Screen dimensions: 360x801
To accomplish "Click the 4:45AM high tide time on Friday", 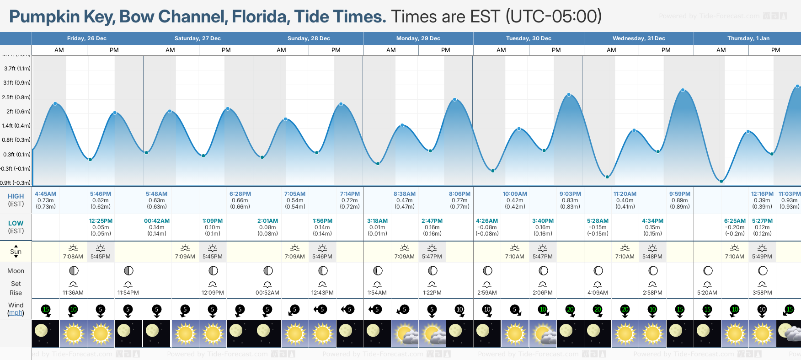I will (46, 194).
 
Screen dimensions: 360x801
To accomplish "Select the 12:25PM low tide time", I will (101, 221).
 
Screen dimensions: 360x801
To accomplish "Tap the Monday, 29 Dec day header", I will (418, 38).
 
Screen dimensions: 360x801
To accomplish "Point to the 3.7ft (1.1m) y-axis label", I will (17, 69).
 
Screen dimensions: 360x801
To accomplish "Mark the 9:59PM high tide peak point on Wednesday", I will (683, 90).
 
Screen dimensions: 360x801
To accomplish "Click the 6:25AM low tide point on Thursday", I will (721, 181).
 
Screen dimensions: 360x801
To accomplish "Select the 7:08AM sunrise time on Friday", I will (73, 257).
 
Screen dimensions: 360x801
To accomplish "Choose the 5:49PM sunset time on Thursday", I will (762, 257).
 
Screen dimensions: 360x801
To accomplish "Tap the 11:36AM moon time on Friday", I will (73, 293).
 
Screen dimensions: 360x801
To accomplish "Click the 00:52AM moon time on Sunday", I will (267, 293).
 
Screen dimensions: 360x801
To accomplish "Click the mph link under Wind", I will (16, 313).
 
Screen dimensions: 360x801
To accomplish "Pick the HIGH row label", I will (16, 196).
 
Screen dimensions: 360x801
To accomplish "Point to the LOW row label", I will (16, 223).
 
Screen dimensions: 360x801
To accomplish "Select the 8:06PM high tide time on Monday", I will (459, 194).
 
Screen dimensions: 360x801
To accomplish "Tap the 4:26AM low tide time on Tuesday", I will (487, 221).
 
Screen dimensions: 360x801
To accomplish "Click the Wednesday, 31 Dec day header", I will (639, 38).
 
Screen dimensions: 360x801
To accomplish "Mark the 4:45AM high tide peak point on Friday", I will (55, 104).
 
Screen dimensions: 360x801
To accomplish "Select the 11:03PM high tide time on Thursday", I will (790, 194).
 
